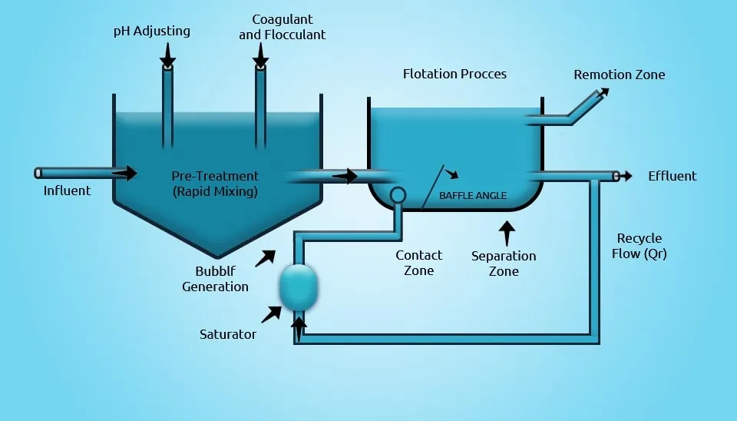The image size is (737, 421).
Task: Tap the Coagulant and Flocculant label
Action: [282, 27]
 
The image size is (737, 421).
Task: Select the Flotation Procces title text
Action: [454, 74]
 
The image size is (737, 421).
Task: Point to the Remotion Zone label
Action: [620, 75]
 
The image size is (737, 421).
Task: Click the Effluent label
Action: [672, 176]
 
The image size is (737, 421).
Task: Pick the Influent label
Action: [67, 191]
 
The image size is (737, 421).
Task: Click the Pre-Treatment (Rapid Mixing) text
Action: [214, 184]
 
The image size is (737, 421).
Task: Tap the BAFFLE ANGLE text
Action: [472, 196]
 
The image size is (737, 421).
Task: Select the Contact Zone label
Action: [418, 263]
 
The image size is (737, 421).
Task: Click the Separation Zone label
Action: [504, 264]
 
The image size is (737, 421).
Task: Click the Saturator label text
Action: [228, 334]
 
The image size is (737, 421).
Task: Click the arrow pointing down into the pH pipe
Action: [167, 55]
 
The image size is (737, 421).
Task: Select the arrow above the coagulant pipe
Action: [261, 55]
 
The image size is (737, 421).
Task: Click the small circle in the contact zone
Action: [398, 194]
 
